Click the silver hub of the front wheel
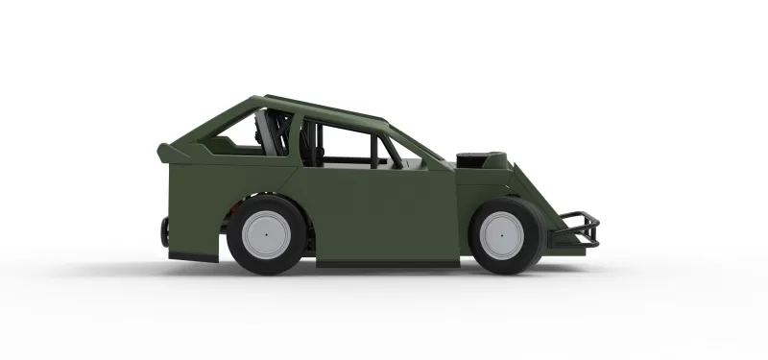pos(501,234)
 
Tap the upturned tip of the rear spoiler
pos(163,150)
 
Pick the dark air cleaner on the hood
pos(477,157)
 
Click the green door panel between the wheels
pos(384,211)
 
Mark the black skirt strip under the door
pos(384,261)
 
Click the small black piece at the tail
pos(165,230)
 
